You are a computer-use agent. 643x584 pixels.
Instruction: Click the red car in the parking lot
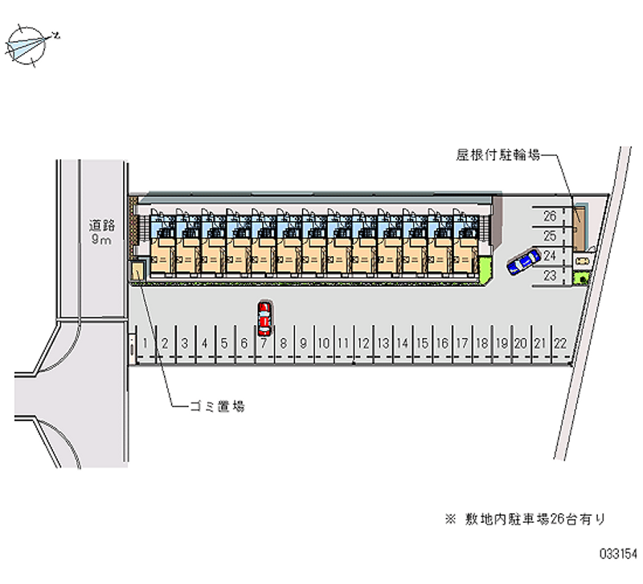point(264,318)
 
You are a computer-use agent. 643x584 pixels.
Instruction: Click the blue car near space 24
point(523,261)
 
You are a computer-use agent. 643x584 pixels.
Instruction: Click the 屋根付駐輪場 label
point(498,155)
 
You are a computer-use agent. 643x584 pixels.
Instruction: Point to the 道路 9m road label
point(101,233)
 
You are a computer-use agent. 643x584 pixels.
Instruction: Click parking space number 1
point(145,343)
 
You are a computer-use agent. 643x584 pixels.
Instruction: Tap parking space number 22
point(560,343)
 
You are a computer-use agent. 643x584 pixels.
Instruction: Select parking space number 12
point(363,343)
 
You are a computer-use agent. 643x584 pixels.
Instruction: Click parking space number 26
point(550,216)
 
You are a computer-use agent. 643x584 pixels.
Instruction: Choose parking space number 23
point(550,276)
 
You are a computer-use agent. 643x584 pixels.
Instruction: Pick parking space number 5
point(224,343)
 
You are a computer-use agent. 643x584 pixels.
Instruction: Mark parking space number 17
point(461,343)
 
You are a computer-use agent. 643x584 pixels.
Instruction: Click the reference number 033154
point(617,554)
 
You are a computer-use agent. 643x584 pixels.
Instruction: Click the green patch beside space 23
point(581,277)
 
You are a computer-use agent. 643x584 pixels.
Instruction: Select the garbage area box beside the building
point(138,272)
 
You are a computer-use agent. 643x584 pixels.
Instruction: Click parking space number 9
point(304,343)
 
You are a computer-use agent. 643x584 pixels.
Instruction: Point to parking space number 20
point(521,343)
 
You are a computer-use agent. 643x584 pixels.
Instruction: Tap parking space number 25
point(550,236)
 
